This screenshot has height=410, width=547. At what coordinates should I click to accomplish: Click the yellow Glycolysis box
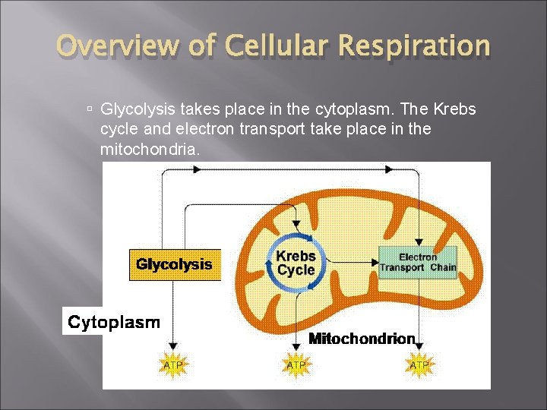point(175,265)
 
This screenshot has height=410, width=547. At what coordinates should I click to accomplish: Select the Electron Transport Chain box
point(417,262)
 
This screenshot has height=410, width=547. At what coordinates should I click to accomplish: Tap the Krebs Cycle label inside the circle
point(296,263)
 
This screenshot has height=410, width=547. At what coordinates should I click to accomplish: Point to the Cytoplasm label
point(114,323)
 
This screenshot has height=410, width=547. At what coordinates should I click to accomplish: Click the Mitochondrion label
point(362,339)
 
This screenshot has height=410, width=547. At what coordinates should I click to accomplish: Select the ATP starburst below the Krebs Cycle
point(296,365)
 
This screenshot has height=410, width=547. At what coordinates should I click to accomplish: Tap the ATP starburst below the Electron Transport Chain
point(419,365)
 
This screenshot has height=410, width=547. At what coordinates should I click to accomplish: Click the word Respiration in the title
point(416,46)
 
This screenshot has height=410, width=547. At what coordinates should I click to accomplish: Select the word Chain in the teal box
point(442,267)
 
